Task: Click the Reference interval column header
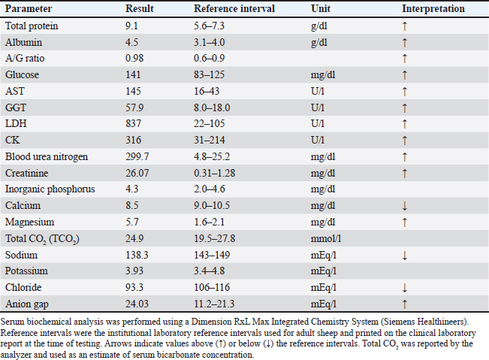click(234, 9)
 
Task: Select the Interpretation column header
click(433, 9)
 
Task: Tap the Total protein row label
click(32, 26)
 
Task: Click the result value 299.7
click(137, 156)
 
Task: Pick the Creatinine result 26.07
click(137, 173)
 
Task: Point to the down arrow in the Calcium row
click(404, 206)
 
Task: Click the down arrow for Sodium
click(404, 256)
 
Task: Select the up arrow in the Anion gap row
click(404, 304)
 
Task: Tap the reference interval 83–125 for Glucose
click(209, 75)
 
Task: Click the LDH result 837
click(133, 123)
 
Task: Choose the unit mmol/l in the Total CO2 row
click(326, 239)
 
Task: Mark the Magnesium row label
click(29, 222)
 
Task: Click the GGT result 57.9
click(134, 107)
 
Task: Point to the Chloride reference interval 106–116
click(212, 287)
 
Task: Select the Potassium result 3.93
click(134, 271)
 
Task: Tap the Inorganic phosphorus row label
click(50, 189)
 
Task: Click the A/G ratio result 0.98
click(134, 59)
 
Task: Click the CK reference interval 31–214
click(210, 140)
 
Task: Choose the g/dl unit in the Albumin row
click(319, 43)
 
